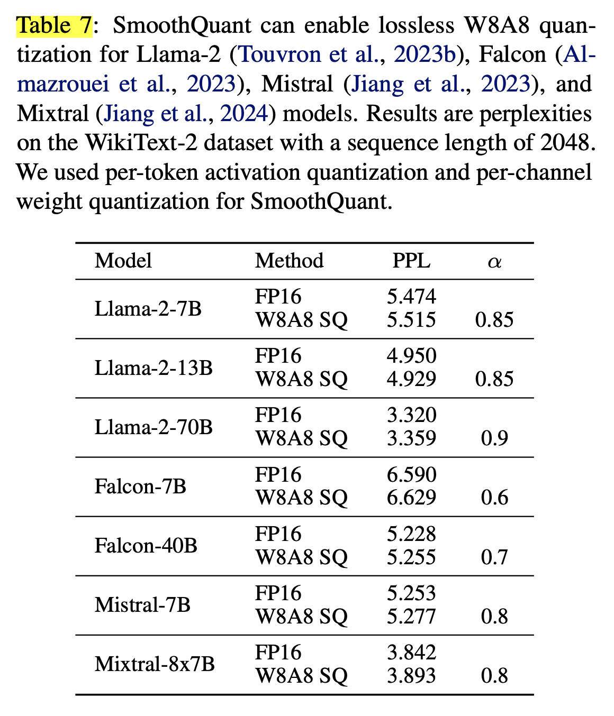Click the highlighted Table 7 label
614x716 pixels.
pyautogui.click(x=55, y=25)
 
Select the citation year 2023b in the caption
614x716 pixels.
pyautogui.click(x=425, y=54)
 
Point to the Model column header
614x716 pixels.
pyautogui.click(x=123, y=261)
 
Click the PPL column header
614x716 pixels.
pyautogui.click(x=411, y=261)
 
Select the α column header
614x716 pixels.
pyautogui.click(x=494, y=262)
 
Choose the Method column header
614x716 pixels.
pyautogui.click(x=289, y=261)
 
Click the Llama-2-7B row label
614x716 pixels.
pyautogui.click(x=148, y=308)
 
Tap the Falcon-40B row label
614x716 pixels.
pyautogui.click(x=146, y=545)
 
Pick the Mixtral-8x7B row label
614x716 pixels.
pyautogui.click(x=155, y=664)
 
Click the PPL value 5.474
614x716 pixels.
pyautogui.click(x=411, y=297)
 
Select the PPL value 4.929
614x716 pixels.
pyautogui.click(x=411, y=379)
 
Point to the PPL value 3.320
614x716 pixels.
pyautogui.click(x=411, y=415)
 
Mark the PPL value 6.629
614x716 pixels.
pyautogui.click(x=411, y=497)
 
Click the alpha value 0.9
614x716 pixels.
pyautogui.click(x=494, y=438)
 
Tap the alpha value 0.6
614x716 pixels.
pyautogui.click(x=494, y=497)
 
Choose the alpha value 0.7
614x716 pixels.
pyautogui.click(x=494, y=557)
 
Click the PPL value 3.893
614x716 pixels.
pyautogui.click(x=411, y=675)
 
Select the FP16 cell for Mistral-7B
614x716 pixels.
pyautogui.click(x=278, y=593)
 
